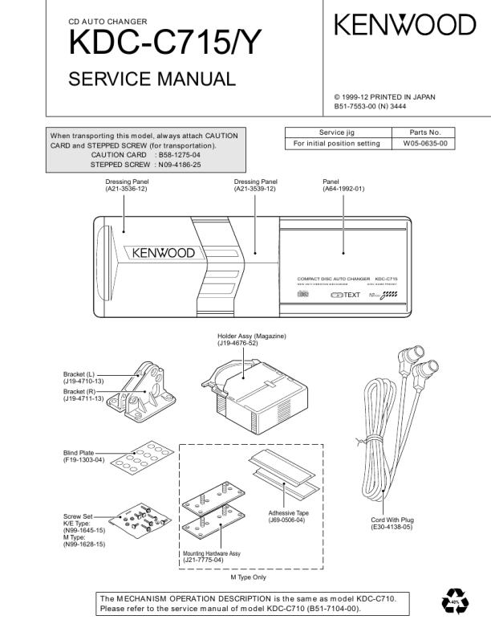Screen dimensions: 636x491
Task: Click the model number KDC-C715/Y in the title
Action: click(x=164, y=43)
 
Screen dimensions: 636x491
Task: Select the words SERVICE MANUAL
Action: click(x=152, y=79)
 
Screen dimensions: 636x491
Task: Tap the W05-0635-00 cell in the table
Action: click(x=424, y=144)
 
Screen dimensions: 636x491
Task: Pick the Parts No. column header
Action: click(x=425, y=132)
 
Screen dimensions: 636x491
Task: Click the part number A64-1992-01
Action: click(x=343, y=189)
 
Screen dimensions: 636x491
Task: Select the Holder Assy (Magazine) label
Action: click(x=252, y=339)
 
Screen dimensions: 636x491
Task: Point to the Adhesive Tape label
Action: click(x=286, y=516)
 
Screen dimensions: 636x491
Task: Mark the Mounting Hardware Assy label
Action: click(x=212, y=556)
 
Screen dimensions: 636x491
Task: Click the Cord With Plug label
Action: click(x=392, y=524)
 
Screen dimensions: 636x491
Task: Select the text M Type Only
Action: click(x=248, y=577)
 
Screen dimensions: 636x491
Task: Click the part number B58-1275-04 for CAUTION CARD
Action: click(x=180, y=155)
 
